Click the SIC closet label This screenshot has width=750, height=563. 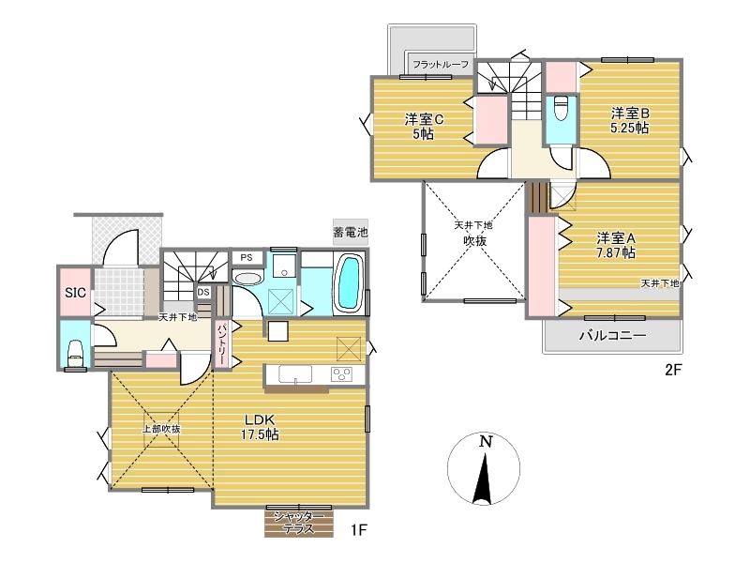click(75, 293)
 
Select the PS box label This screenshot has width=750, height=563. click(247, 257)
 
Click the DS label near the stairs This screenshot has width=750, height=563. click(203, 292)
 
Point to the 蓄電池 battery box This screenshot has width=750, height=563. click(351, 232)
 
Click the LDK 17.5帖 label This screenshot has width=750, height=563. click(260, 428)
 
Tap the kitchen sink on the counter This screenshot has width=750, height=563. click(295, 373)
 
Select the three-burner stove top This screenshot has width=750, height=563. click(342, 373)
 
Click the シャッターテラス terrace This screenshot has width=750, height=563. click(299, 523)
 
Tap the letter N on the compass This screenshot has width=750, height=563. click(486, 441)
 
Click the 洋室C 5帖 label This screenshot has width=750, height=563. click(424, 126)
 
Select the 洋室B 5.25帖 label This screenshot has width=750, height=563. click(629, 121)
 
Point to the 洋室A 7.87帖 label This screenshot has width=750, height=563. click(616, 245)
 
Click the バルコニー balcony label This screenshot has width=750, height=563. click(613, 335)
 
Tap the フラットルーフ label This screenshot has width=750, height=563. click(441, 64)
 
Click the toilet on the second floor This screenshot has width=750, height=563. click(561, 109)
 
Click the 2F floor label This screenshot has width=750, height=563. click(672, 370)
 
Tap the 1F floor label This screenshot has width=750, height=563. click(358, 530)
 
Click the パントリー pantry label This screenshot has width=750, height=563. click(222, 344)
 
